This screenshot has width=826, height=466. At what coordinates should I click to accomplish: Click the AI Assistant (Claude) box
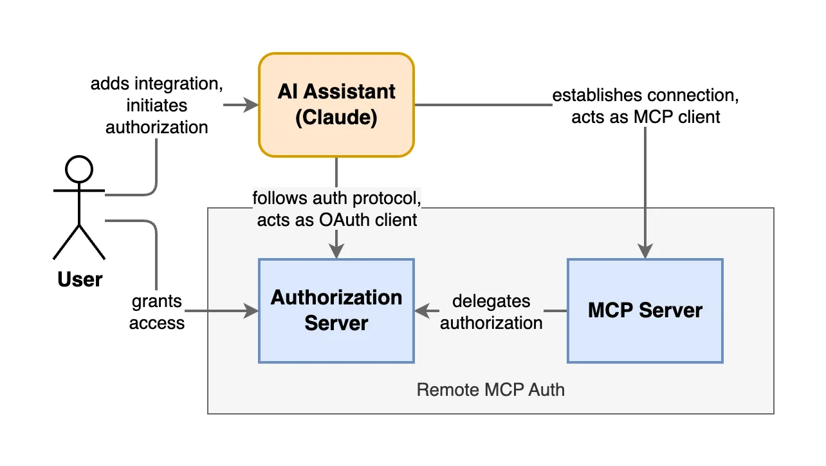click(336, 105)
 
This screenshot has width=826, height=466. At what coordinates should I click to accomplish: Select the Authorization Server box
click(336, 310)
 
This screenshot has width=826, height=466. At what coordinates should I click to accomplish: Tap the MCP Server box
click(645, 310)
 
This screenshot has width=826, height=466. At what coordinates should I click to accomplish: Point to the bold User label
click(80, 279)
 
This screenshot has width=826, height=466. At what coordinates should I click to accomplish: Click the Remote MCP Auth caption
click(490, 389)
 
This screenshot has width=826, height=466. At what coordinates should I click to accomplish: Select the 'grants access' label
click(157, 312)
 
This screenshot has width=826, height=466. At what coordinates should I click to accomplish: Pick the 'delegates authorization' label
click(491, 312)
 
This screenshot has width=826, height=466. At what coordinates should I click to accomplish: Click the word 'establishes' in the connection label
click(596, 96)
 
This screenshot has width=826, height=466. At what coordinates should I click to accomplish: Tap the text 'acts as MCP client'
click(646, 116)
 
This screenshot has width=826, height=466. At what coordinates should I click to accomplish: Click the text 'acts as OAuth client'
click(337, 219)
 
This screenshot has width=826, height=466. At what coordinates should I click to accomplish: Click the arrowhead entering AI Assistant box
click(251, 105)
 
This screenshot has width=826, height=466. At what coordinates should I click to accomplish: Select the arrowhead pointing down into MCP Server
click(645, 252)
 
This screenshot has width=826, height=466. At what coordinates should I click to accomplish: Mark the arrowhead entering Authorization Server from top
click(336, 252)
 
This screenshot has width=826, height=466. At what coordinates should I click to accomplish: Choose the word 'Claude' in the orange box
click(336, 118)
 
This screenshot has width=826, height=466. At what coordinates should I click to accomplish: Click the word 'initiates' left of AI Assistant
click(156, 105)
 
